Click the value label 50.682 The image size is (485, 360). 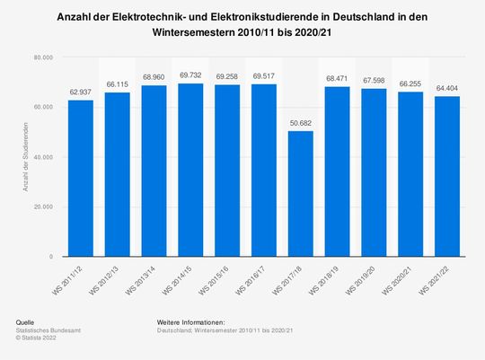click(x=301, y=123)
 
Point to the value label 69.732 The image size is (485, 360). click(x=190, y=75)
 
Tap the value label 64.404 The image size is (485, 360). click(x=447, y=88)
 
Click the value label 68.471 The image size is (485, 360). click(x=338, y=78)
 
